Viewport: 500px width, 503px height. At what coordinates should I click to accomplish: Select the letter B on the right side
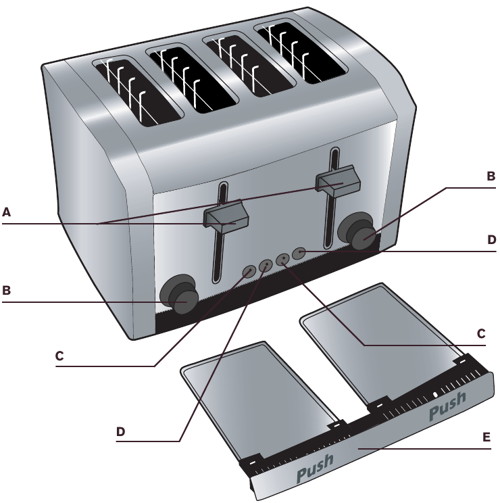(491, 175)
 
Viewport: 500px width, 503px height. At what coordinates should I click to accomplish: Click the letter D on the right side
(491, 239)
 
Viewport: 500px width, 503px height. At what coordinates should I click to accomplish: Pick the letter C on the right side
(481, 333)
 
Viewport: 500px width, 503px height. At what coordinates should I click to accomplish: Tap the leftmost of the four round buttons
(249, 270)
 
